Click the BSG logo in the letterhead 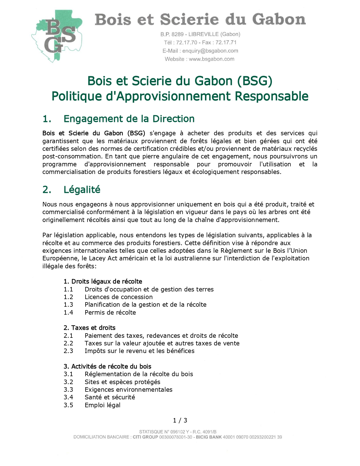tap(57, 36)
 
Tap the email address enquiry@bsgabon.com tap(210, 51)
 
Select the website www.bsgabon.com tap(211, 59)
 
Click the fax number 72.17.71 tap(226, 42)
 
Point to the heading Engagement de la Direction tap(129, 119)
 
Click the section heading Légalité tap(82, 190)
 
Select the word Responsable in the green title tap(271, 96)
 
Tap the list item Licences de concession tap(119, 297)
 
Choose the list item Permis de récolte tap(110, 312)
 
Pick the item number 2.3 tap(68, 351)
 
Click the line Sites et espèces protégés tap(122, 382)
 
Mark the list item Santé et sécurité tap(110, 397)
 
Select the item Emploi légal tap(102, 405)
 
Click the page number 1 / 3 tap(180, 420)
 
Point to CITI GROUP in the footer tap(145, 437)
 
